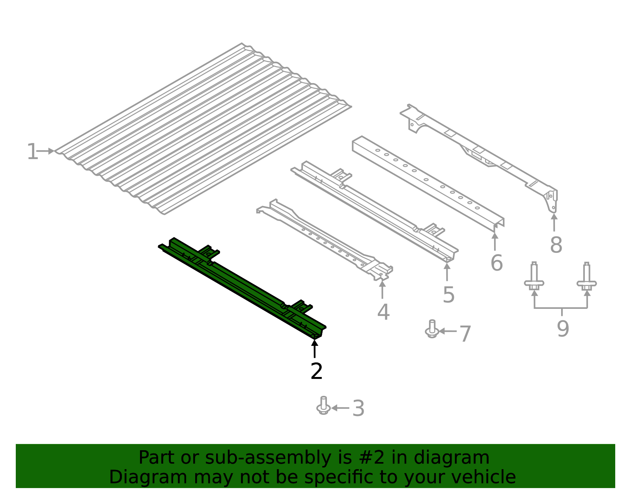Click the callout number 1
click(32, 151)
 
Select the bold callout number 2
click(316, 371)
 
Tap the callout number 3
click(358, 408)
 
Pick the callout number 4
click(383, 312)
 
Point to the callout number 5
click(449, 295)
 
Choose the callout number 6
click(497, 263)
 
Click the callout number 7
click(465, 334)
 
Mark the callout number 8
click(556, 245)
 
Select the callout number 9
click(563, 329)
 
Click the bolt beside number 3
click(323, 405)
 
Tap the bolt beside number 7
click(432, 329)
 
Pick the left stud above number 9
click(534, 276)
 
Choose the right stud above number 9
click(586, 276)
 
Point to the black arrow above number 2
click(314, 349)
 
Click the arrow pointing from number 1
click(45, 151)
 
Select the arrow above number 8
click(554, 223)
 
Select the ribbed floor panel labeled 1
click(203, 129)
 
